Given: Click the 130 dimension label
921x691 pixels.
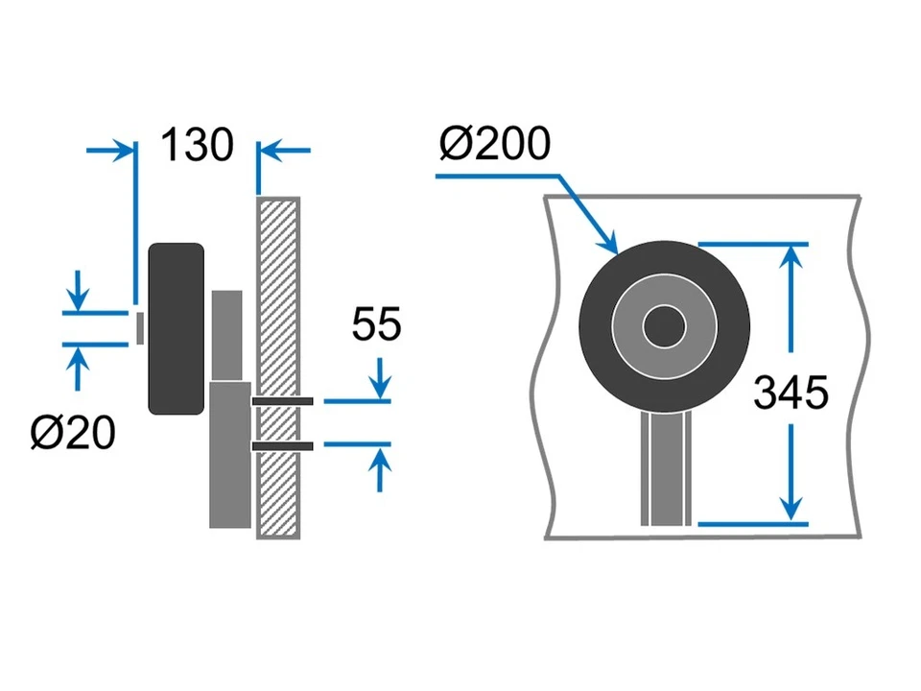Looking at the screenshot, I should pos(197,146).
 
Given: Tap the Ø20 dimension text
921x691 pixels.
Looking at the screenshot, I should pos(72,434).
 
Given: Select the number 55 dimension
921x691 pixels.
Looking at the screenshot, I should pos(376,325).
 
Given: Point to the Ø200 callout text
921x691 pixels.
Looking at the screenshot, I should pos(495,145).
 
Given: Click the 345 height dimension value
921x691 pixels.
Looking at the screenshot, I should pos(791,393).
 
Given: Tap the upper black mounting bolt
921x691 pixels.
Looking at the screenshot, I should pos(283,400).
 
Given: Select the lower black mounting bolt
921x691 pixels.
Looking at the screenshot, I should pos(283,445).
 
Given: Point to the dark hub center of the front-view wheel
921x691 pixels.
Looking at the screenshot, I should pos(664,328).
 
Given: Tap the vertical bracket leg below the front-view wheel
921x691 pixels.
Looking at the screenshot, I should pos(664,470).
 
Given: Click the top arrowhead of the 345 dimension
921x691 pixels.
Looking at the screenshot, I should pos(791,255).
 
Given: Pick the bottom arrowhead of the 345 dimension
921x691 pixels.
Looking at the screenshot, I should pos(791,511).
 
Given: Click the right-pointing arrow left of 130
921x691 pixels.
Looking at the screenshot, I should pos(123,150).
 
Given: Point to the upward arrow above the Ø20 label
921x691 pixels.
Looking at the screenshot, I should pos(78,361).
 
